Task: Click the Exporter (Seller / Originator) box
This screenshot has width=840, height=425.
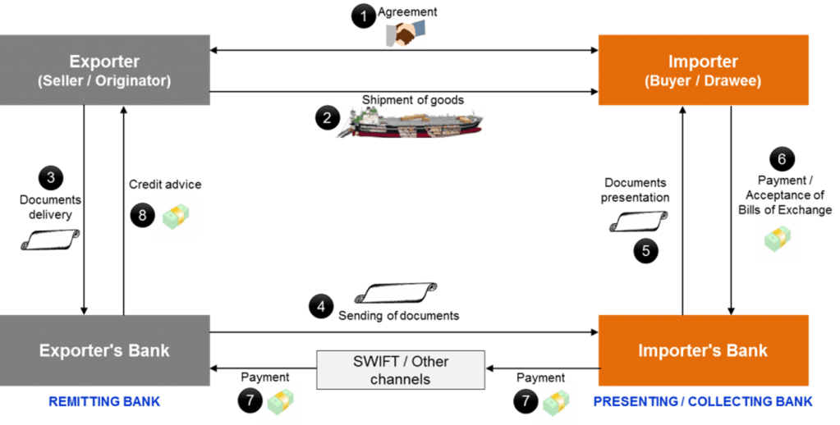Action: point(105,70)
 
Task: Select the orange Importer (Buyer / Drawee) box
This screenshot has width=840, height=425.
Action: point(703,70)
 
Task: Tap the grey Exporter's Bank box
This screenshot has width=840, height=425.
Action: point(105,350)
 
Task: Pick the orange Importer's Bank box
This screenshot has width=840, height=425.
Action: point(703,350)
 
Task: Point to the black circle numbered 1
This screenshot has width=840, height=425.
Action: point(362,16)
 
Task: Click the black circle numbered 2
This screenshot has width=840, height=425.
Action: point(327,118)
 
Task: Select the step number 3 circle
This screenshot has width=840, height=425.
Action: point(51,176)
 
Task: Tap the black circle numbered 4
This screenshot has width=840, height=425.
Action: point(320,307)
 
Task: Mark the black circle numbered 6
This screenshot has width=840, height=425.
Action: point(781,158)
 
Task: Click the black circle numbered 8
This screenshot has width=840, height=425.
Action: point(141,215)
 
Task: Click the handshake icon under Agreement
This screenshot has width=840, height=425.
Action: point(406,34)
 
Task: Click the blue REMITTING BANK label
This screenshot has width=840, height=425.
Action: point(103,401)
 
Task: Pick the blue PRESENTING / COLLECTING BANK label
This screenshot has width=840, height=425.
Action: point(703,401)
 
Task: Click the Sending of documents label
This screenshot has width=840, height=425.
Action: point(398,316)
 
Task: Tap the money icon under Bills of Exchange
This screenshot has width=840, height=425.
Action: point(776,239)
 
